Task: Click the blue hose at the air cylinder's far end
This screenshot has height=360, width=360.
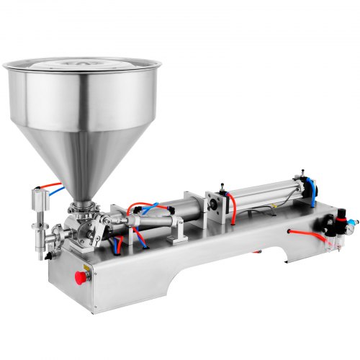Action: [311, 186]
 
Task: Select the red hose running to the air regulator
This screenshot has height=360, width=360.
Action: [306, 233]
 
